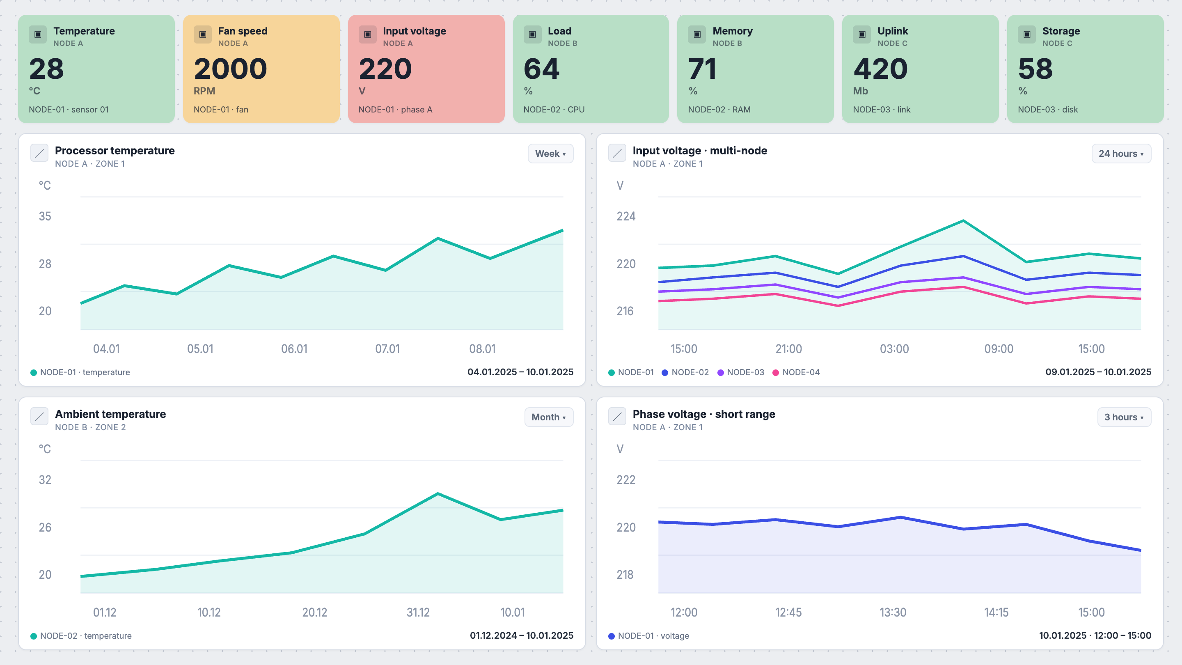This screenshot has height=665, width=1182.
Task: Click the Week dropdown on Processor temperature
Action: click(x=550, y=154)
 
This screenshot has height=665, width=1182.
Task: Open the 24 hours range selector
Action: click(x=1121, y=154)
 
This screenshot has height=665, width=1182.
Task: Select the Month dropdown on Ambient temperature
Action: click(x=549, y=417)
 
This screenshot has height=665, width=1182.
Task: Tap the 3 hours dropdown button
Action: click(x=1124, y=417)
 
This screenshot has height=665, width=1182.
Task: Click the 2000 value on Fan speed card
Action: click(x=230, y=69)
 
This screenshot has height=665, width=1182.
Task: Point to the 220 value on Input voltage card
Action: click(x=385, y=69)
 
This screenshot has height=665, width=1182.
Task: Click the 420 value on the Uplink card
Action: click(x=880, y=69)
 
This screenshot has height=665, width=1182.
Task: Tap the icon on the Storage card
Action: click(x=1027, y=34)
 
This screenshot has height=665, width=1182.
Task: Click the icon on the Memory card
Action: click(x=697, y=34)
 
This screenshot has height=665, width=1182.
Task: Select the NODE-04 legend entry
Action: click(x=796, y=372)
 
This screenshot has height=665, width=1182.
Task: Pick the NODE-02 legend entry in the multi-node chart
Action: click(x=685, y=372)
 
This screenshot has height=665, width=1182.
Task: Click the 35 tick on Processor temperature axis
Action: click(x=45, y=216)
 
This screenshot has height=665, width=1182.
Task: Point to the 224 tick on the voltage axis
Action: click(x=626, y=216)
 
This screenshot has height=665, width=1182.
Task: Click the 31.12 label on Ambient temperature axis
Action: click(x=418, y=612)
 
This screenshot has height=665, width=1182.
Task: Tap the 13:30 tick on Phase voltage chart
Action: click(x=893, y=612)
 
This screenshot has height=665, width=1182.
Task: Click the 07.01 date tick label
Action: click(x=387, y=349)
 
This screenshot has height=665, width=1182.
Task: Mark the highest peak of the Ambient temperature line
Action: click(x=438, y=494)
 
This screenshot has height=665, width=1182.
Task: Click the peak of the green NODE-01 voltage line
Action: click(x=963, y=221)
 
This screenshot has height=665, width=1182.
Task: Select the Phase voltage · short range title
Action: click(x=704, y=414)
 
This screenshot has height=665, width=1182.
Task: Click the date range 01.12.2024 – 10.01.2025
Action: click(x=521, y=635)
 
